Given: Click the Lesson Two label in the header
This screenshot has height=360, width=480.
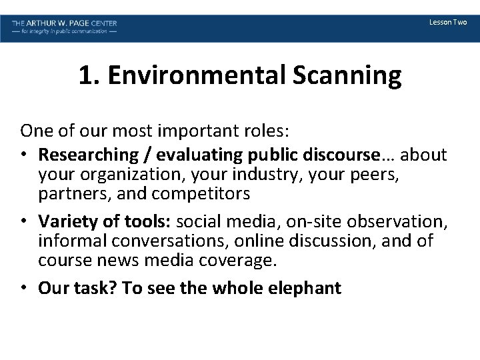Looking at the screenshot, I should point(448,23).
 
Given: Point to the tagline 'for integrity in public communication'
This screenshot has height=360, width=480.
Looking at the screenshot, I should point(64,32).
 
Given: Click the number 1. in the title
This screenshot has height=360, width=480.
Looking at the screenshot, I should point(88,76).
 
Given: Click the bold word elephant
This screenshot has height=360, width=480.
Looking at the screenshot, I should point(305,287).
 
